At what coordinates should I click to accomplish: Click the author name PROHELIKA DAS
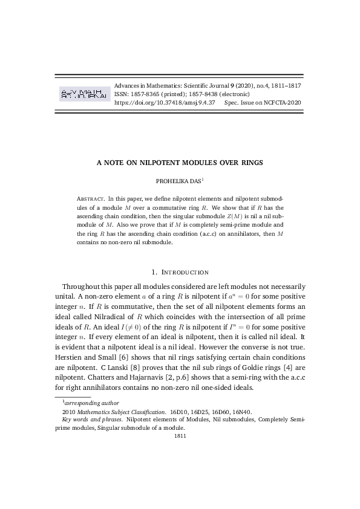point(178,180)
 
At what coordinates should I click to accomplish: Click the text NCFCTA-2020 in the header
point(284,103)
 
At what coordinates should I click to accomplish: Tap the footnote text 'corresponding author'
point(92,403)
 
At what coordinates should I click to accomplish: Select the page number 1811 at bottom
point(180,434)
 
